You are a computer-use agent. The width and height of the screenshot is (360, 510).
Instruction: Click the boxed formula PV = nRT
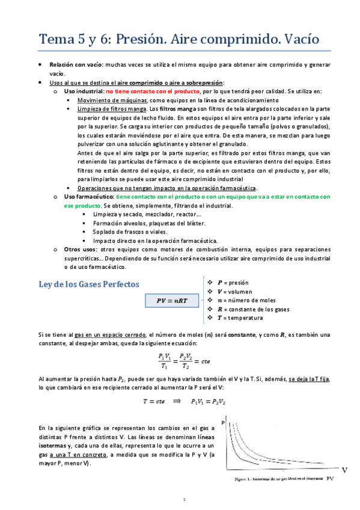point(169,301)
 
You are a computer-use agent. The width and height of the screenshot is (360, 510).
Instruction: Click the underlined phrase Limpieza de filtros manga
point(112,109)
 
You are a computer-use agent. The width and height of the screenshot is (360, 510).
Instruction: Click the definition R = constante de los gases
point(252,309)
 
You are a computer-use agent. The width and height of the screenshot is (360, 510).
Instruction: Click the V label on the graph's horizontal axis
point(344,469)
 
